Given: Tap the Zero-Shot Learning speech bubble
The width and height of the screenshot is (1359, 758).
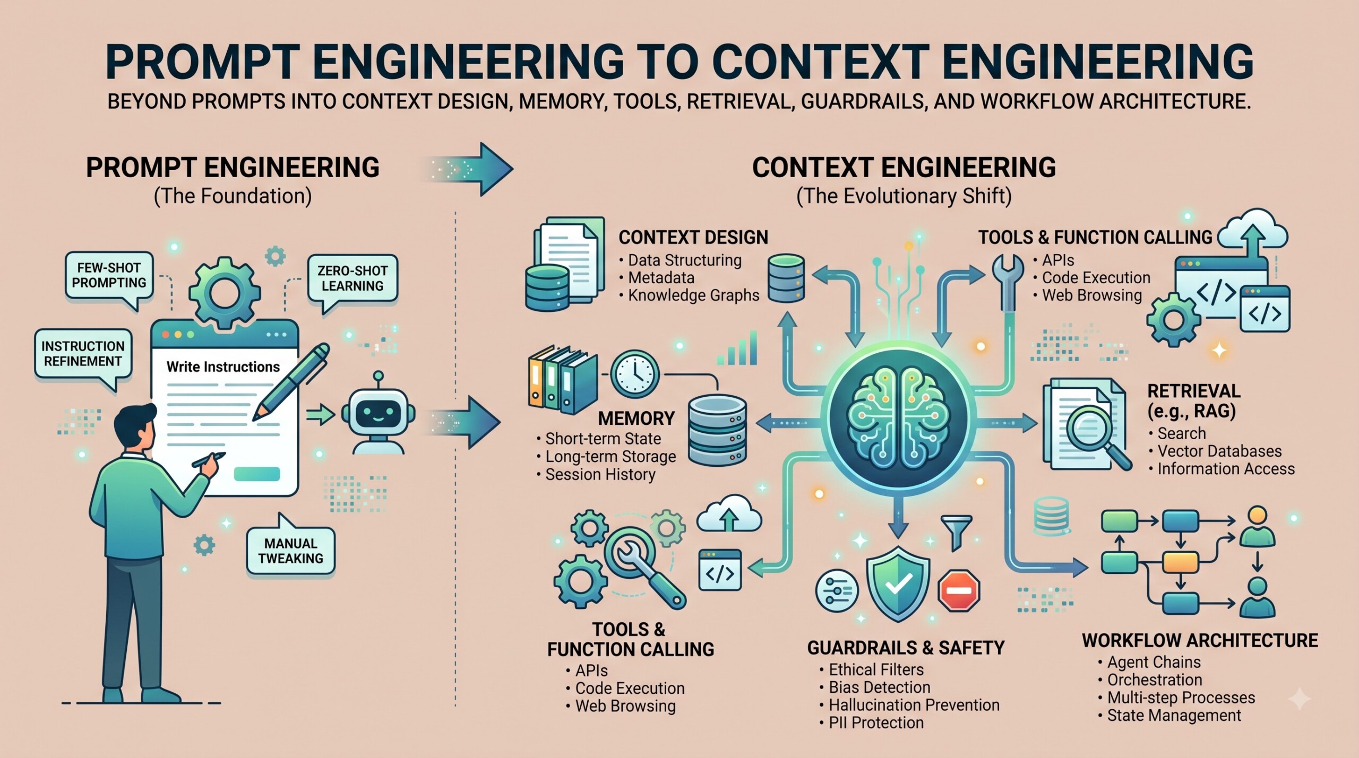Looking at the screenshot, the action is coord(352,279).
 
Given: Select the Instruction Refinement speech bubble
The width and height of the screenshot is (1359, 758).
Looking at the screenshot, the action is coord(83,355).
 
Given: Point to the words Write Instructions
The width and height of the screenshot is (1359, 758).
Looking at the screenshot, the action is coord(223,367).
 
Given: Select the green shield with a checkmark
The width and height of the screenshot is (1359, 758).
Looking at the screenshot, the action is coord(898,583).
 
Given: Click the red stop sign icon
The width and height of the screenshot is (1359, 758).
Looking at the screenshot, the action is coord(959,590).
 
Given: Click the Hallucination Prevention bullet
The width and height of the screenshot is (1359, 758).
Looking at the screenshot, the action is coord(909,705).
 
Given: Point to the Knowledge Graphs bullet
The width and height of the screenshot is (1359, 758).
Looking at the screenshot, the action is coord(689,295).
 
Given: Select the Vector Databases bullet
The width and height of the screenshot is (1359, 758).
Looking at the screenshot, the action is coord(1215,451).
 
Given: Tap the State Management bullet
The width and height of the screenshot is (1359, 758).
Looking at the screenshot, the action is coord(1169,716).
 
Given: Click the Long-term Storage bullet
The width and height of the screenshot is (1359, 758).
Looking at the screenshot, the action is coord(606,457).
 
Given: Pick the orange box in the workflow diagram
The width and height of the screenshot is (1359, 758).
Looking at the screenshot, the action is coord(1181,562).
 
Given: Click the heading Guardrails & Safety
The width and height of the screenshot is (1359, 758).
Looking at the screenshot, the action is coord(906,648).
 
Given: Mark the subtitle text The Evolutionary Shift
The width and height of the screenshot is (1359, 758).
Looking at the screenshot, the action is coord(904,196).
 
